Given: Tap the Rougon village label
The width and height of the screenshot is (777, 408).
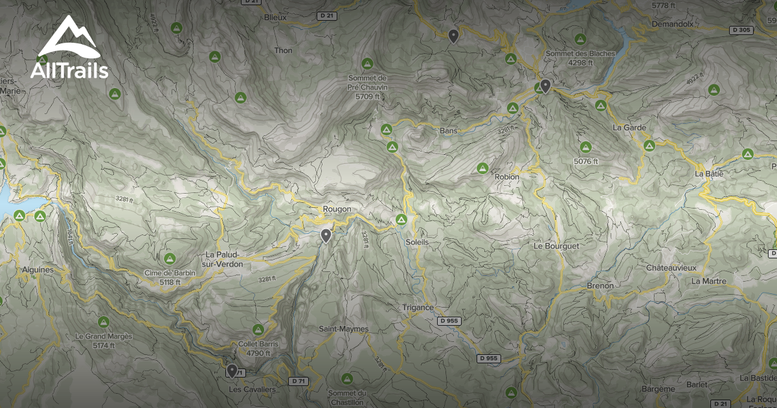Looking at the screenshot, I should click(337, 209).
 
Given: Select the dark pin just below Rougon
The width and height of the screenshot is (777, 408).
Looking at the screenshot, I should click(326, 236).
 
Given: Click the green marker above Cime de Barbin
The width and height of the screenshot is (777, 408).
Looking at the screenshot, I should click(170, 258).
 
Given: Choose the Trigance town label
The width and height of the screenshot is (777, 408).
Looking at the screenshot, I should click(418, 308).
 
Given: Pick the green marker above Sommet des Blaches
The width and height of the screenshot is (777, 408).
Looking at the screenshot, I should click(580, 39).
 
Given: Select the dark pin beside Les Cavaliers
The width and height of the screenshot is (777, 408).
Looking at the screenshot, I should click(232, 370).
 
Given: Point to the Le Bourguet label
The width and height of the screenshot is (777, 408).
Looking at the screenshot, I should click(556, 246).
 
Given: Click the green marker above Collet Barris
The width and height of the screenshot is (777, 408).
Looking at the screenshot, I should click(258, 330).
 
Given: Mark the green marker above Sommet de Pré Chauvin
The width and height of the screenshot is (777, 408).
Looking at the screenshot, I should click(367, 63).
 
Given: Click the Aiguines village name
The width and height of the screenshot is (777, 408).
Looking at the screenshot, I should click(38, 269).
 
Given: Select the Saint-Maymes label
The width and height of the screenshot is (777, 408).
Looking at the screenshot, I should click(343, 329).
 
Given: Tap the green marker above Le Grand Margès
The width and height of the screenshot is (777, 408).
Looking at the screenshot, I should click(104, 321).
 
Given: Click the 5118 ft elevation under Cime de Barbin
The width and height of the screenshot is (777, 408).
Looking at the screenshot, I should click(170, 282).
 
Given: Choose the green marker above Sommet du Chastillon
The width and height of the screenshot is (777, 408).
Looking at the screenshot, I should click(347, 378).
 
